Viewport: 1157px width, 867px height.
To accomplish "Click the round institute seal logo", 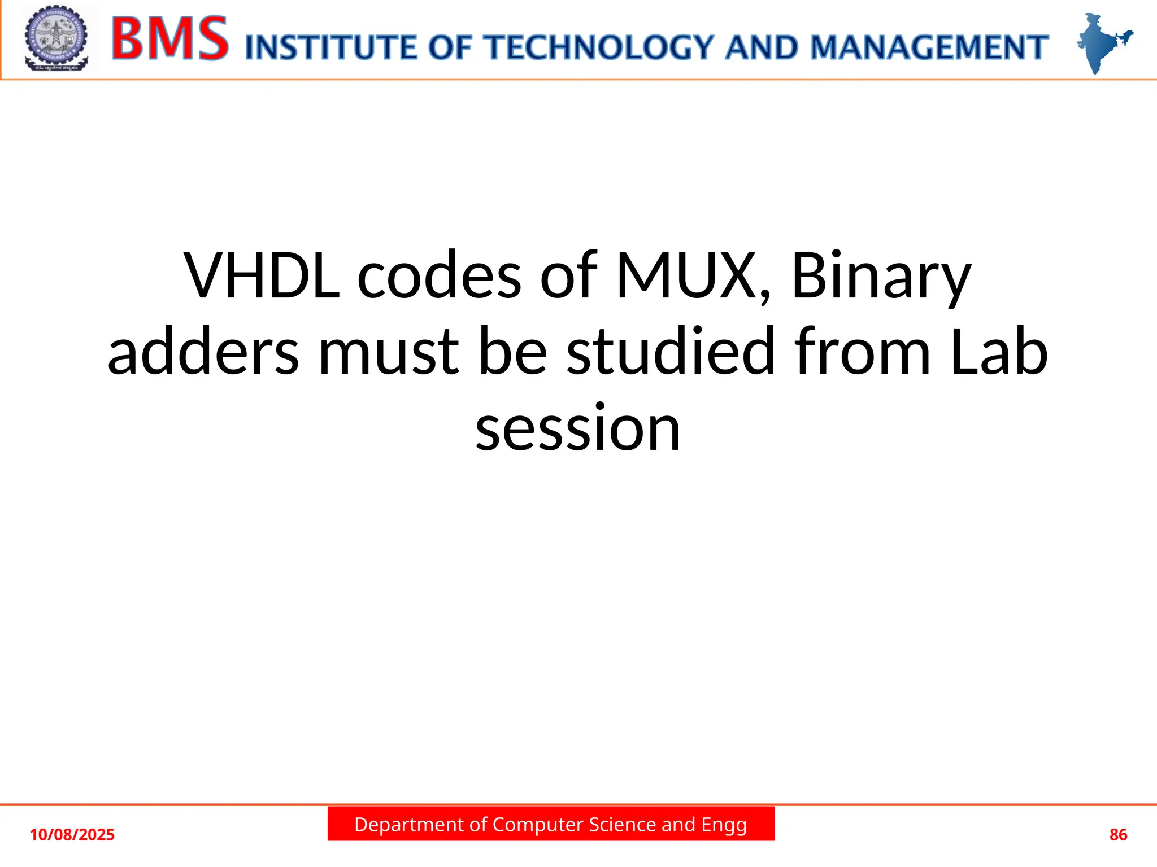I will [x=56, y=38].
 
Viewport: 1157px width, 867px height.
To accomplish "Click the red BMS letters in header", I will [x=170, y=39].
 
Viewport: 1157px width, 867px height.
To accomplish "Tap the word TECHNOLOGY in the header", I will [x=601, y=47].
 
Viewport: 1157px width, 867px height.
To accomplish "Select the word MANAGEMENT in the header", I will [x=929, y=47].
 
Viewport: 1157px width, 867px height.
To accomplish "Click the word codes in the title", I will [x=439, y=277].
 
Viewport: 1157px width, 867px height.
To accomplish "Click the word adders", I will [x=203, y=352].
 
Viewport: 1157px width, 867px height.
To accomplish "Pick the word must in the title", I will [x=389, y=353].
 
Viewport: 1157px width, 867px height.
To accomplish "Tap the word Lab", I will [x=998, y=352].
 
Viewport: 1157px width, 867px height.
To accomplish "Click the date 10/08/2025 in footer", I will [x=72, y=835].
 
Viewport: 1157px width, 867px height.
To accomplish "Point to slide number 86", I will [x=1118, y=835].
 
